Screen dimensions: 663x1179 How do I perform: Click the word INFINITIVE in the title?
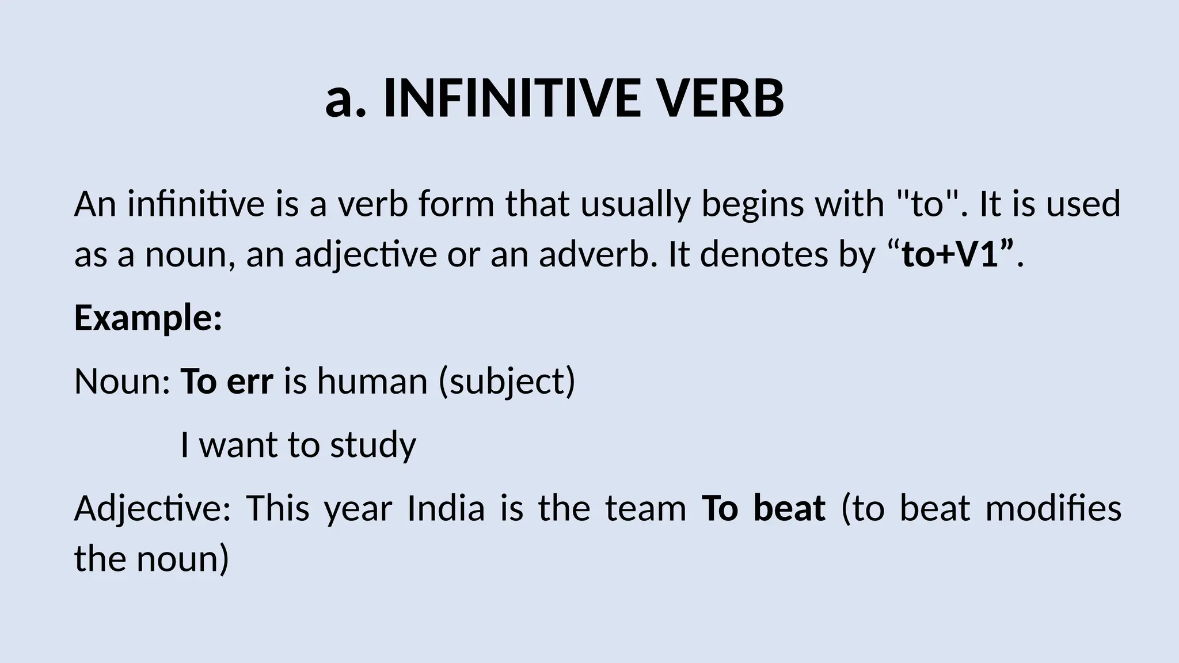pyautogui.click(x=512, y=98)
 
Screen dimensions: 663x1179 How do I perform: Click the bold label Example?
pyautogui.click(x=148, y=318)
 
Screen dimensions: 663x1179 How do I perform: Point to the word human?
pyautogui.click(x=372, y=381)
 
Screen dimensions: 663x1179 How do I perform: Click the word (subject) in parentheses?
pyautogui.click(x=507, y=381)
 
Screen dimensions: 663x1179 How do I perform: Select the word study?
pyautogui.click(x=373, y=445)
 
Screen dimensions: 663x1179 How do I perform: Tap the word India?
pyautogui.click(x=446, y=508)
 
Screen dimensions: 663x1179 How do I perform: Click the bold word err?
pyautogui.click(x=250, y=381)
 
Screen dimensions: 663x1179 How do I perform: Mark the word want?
pyautogui.click(x=238, y=445)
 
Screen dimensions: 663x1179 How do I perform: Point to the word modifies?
pyautogui.click(x=1054, y=508)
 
